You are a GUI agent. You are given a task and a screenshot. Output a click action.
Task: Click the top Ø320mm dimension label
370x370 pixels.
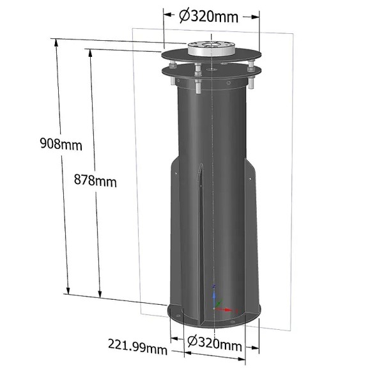208,17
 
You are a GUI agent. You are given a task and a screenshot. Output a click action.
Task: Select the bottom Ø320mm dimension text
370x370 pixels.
215,346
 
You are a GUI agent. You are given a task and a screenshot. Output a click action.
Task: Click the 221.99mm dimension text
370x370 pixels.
138,348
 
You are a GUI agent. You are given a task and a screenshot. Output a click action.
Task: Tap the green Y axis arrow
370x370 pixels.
220,302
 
